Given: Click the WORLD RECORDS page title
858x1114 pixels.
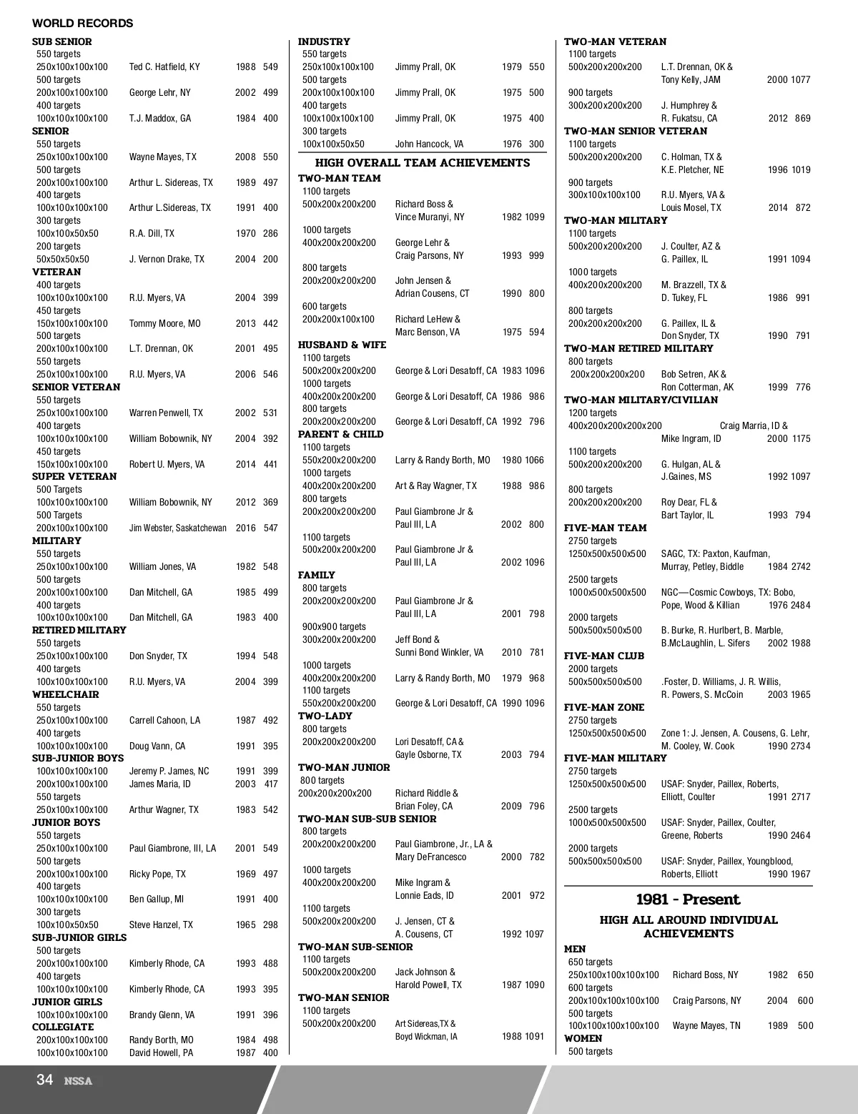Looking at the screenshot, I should (82, 24).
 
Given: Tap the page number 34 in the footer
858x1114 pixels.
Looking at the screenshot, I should (44, 1080).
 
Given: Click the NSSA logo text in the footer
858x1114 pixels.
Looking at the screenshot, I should (78, 1081).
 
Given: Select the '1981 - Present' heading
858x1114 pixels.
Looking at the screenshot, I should (688, 899).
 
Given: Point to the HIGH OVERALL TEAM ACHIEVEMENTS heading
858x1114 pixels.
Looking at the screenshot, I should (423, 163).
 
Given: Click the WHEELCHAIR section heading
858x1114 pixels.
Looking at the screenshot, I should (66, 694).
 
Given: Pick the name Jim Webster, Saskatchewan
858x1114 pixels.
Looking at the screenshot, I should (178, 528).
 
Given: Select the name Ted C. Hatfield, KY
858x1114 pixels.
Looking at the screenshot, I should (164, 67).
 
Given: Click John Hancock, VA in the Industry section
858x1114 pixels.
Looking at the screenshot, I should (429, 144).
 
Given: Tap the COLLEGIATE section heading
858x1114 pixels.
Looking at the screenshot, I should (63, 1027).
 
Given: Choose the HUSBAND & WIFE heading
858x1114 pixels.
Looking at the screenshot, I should (342, 345).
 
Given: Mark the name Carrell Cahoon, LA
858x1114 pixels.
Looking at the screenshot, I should (164, 720).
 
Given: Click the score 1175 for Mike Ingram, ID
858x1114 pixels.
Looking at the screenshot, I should (800, 438).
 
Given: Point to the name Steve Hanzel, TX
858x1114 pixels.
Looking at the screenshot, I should (161, 925).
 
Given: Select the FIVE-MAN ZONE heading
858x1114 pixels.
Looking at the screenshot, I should (604, 707).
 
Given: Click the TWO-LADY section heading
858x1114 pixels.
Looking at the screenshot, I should (326, 716).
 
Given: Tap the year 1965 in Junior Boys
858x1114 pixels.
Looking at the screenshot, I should (245, 925).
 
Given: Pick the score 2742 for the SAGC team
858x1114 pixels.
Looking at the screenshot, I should (800, 566).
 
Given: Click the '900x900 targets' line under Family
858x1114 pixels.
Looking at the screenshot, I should (334, 626).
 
